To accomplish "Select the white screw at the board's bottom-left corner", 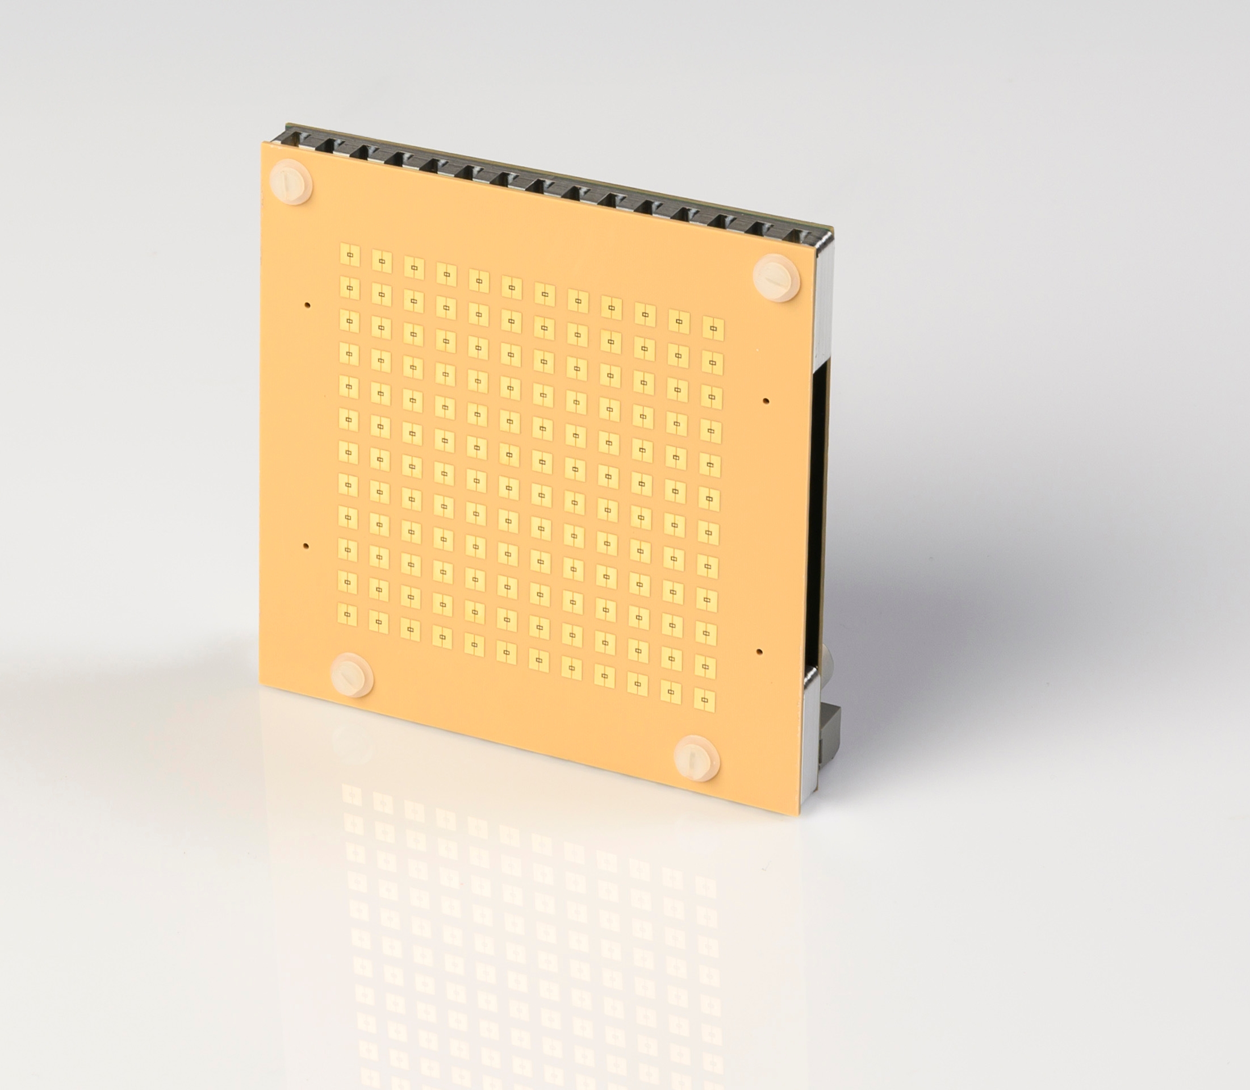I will tap(352, 675).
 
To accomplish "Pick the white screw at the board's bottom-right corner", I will tap(697, 757).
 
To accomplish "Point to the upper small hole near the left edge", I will tap(308, 305).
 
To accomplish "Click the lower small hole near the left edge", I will tap(306, 546).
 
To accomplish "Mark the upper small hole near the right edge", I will tap(766, 401).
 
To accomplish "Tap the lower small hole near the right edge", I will tap(760, 652).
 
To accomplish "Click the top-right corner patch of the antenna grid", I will tap(713, 329).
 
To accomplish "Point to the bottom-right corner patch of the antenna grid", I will tap(704, 700).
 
